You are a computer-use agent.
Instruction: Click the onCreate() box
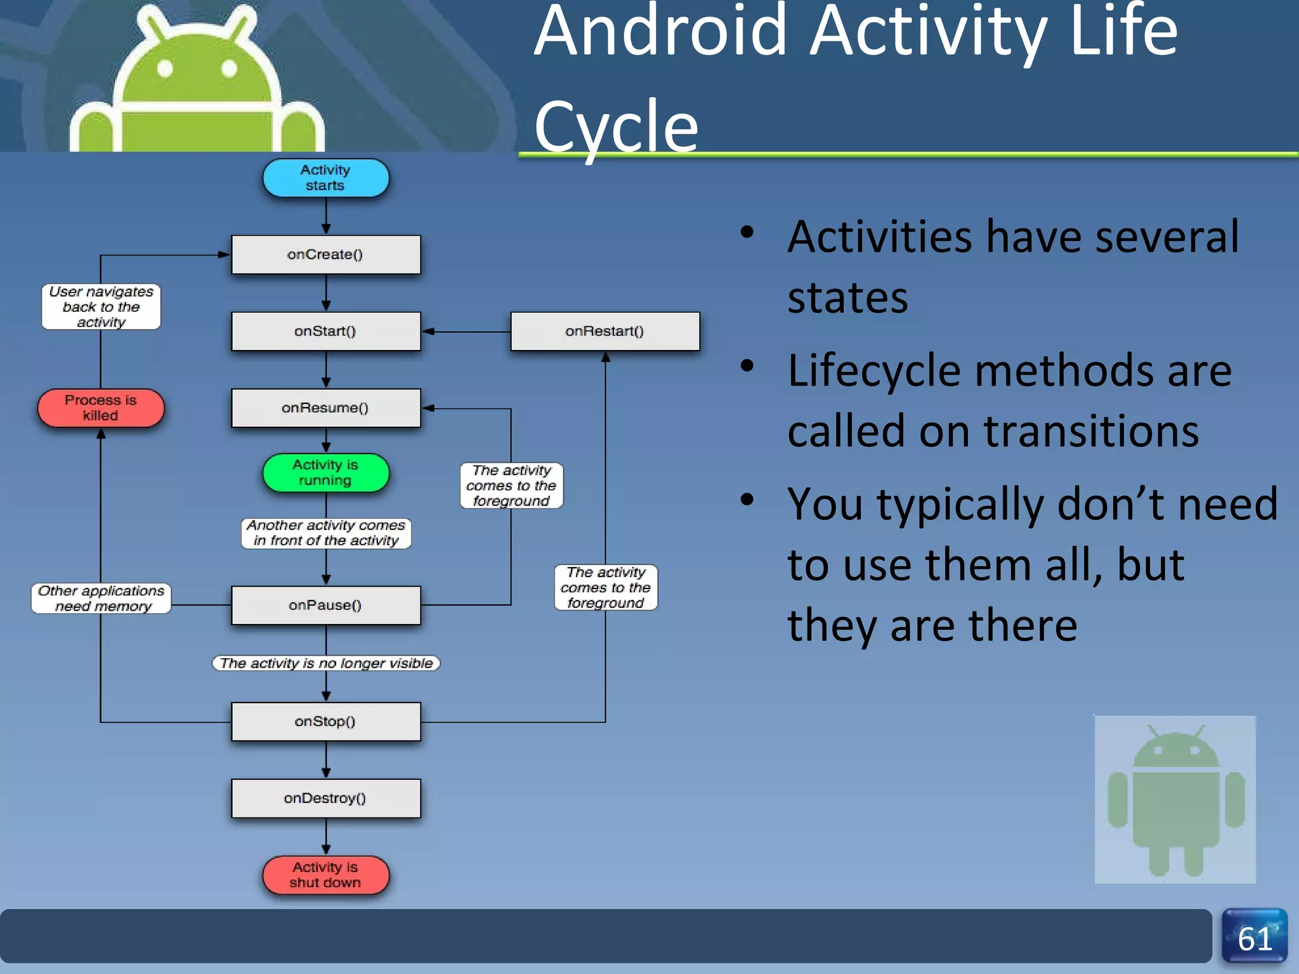pos(325,255)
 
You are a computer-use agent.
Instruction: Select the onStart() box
pos(325,331)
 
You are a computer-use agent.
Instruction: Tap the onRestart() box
pos(604,331)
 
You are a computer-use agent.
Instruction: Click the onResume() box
pos(325,408)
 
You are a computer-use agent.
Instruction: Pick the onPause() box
pos(325,605)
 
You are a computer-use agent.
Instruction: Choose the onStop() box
pos(325,722)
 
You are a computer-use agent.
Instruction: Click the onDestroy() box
pos(325,798)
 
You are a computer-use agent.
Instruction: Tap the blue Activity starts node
pos(325,178)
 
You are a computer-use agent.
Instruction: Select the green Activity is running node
pos(325,473)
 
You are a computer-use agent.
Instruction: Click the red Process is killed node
pos(101,408)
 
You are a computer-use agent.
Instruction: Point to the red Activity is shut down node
pos(325,875)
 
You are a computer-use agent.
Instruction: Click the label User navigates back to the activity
pos(101,307)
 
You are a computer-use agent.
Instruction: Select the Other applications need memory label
pos(101,599)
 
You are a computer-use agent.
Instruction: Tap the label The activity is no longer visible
pos(325,663)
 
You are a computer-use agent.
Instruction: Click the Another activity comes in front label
pos(325,533)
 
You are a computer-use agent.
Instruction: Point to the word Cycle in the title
pos(615,127)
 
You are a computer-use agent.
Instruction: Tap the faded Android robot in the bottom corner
pos(1175,799)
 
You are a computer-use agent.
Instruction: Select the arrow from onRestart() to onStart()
pos(466,331)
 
